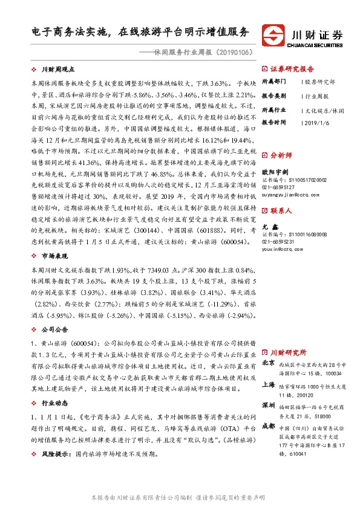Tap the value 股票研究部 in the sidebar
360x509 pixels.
pyautogui.click(x=318, y=80)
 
